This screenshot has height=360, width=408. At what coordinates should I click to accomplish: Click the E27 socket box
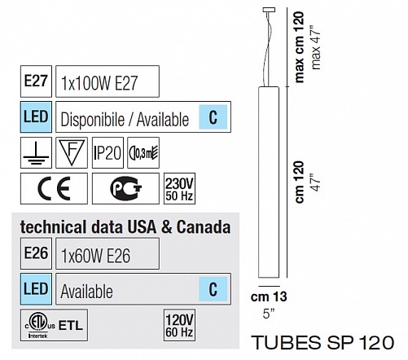point(36,81)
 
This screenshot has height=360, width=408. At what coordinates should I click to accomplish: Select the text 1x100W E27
point(99,83)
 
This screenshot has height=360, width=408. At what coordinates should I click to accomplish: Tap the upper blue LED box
point(36,117)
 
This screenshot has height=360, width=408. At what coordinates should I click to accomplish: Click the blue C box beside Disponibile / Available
point(213,117)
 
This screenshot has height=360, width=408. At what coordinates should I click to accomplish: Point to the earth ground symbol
point(36,156)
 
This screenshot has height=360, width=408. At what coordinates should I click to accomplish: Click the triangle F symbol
point(72,152)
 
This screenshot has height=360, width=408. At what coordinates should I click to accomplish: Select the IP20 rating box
point(107,152)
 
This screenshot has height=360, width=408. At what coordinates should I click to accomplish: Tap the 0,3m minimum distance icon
point(143,152)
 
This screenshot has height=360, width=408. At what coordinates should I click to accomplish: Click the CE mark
point(54,188)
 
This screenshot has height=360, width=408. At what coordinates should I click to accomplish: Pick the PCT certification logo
point(125,188)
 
